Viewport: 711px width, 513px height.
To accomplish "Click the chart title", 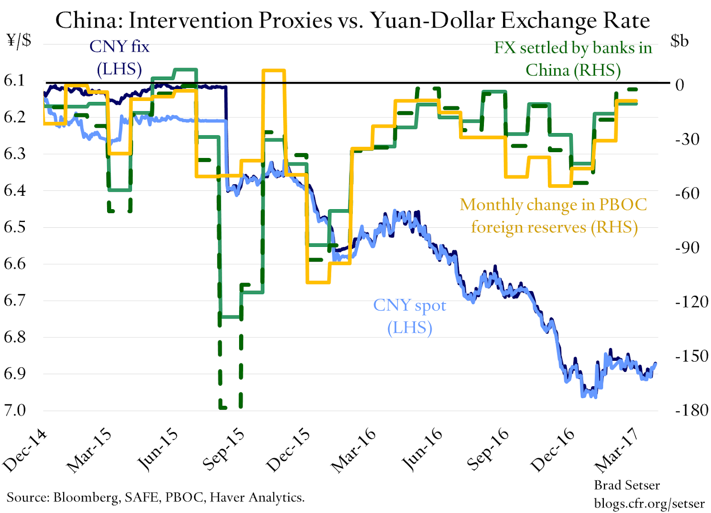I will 352,20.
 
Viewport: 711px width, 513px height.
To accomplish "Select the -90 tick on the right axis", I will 687,248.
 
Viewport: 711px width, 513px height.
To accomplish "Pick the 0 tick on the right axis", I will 679,85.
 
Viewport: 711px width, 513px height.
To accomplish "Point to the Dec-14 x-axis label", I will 25,450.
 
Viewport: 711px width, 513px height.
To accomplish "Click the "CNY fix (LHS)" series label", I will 120,57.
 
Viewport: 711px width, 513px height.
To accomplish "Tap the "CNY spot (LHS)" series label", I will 410,316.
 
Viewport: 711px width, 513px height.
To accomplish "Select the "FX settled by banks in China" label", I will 573,59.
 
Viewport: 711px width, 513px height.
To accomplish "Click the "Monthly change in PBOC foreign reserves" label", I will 554,216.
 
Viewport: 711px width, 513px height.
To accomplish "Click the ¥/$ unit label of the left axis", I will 19,40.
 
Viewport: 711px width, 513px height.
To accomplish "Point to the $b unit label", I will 679,41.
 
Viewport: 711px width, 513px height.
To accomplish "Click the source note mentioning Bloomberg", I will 156,497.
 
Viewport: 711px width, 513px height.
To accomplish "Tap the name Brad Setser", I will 627,485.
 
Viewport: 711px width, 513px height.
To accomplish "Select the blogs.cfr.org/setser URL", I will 649,503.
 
